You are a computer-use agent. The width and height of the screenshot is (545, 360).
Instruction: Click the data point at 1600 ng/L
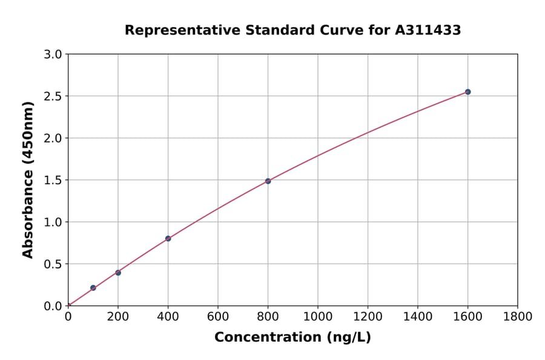[467, 92]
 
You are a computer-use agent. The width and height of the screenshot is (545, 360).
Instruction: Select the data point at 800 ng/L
[268, 181]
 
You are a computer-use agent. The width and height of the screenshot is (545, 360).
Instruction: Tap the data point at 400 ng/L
[168, 239]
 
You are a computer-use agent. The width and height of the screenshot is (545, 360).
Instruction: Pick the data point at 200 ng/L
[118, 273]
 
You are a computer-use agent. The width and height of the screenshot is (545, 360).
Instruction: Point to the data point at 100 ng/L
[93, 288]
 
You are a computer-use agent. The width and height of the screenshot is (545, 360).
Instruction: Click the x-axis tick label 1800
[518, 316]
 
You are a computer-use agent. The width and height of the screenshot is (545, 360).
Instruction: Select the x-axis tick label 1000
[318, 316]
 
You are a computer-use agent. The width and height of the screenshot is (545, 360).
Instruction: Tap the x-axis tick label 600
[218, 316]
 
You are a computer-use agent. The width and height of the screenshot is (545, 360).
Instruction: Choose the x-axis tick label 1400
[418, 316]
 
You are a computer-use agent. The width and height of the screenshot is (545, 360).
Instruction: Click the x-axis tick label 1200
[368, 316]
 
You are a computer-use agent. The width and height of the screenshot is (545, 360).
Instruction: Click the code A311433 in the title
[428, 30]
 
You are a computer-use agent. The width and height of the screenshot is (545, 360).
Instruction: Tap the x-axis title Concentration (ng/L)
[292, 338]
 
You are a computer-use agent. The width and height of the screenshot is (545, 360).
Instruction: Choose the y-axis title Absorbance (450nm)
[28, 179]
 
